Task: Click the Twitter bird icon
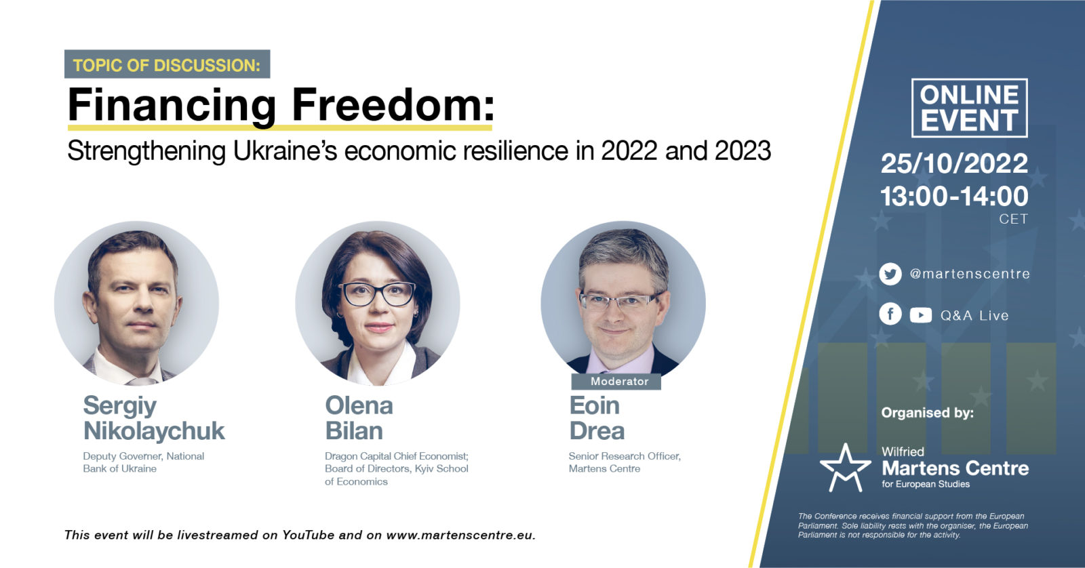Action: click(890, 274)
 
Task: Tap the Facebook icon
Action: click(890, 315)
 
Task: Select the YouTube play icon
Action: click(920, 315)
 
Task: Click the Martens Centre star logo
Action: click(845, 468)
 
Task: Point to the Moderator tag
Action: click(616, 382)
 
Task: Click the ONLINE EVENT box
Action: click(969, 108)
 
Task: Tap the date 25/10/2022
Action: click(953, 163)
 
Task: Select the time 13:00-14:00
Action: click(953, 196)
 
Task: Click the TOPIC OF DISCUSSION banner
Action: click(167, 64)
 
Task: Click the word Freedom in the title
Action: click(393, 104)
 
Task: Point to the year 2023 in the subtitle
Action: click(743, 150)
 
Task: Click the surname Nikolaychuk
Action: click(154, 430)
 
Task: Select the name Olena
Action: click(359, 405)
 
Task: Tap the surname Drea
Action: click(597, 430)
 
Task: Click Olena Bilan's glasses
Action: click(378, 293)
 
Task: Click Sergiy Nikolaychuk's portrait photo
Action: click(136, 304)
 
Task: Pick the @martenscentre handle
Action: click(970, 274)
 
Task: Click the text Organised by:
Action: click(927, 413)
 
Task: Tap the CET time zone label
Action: click(1013, 220)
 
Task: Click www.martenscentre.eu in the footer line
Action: click(460, 535)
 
